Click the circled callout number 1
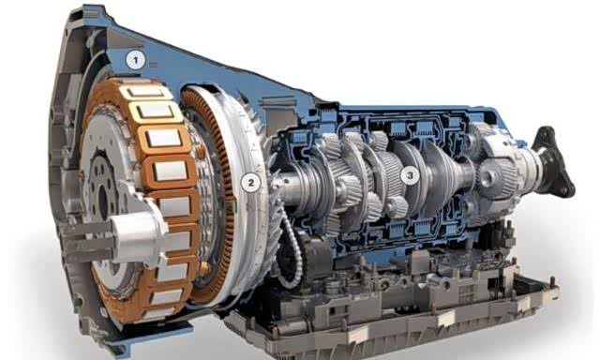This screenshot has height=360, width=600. coord(135,60)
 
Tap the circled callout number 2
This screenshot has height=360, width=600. coord(251,183)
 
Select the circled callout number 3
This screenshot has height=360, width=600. coord(410,175)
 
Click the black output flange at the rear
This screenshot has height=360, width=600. coord(553,161)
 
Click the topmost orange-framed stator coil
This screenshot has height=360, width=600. coord(142,91)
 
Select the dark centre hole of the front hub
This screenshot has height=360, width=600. coord(103,200)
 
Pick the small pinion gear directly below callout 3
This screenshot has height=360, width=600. coord(397,207)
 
